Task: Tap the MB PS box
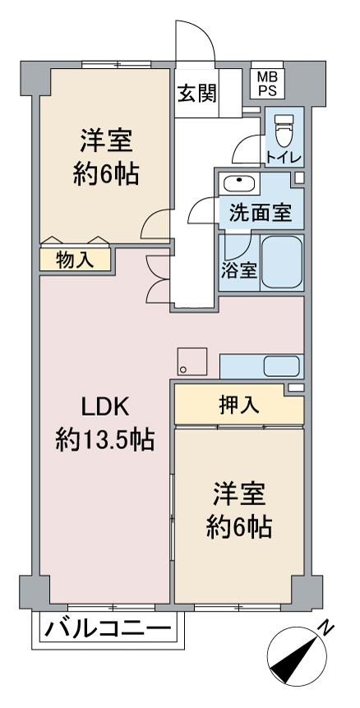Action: (x=267, y=84)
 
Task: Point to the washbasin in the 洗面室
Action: (x=239, y=182)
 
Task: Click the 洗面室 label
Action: (x=260, y=214)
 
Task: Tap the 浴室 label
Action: (x=239, y=271)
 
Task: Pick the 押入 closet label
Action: (x=239, y=405)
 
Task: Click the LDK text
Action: (x=104, y=408)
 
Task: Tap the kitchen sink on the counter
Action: (x=281, y=365)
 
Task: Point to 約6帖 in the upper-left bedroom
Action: (x=104, y=174)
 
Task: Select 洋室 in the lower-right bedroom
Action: (x=239, y=495)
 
